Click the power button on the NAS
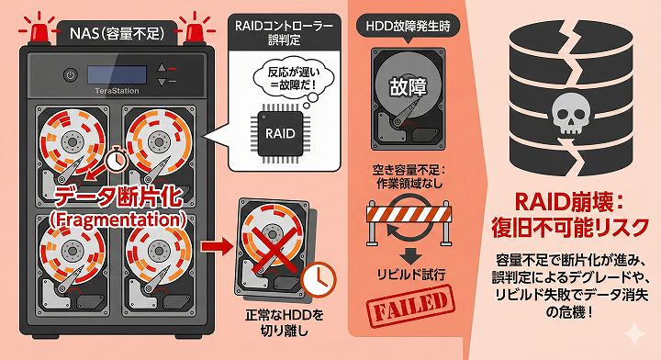(x=71, y=76)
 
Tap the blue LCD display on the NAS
(x=117, y=74)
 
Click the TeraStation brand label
(x=117, y=91)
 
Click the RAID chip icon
(x=280, y=133)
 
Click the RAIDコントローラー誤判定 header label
(x=284, y=33)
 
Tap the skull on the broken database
(x=572, y=114)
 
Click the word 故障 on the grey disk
(x=408, y=87)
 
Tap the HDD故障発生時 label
(x=408, y=26)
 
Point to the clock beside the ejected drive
(x=319, y=279)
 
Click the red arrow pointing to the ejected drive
(x=217, y=246)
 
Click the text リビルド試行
(x=411, y=275)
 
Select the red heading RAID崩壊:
(x=569, y=202)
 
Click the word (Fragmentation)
(x=118, y=220)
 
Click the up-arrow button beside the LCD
(x=162, y=68)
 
